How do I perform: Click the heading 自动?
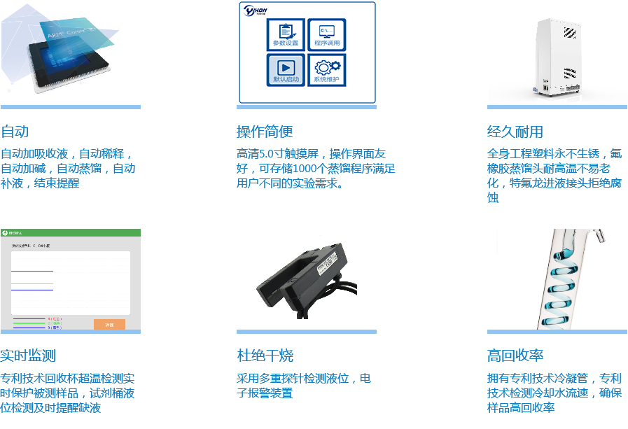click(x=15, y=132)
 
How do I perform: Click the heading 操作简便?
click(x=264, y=132)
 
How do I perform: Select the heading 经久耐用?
click(x=515, y=132)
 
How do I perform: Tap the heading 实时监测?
click(x=28, y=356)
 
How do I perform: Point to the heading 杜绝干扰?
click(x=265, y=356)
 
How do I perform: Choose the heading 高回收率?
click(x=515, y=356)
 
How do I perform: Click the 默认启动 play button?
click(x=286, y=69)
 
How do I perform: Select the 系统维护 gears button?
click(x=326, y=69)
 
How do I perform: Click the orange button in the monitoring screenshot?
click(x=109, y=324)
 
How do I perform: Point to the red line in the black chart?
click(x=32, y=287)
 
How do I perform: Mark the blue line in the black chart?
click(x=32, y=289)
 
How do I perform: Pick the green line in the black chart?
click(x=32, y=283)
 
